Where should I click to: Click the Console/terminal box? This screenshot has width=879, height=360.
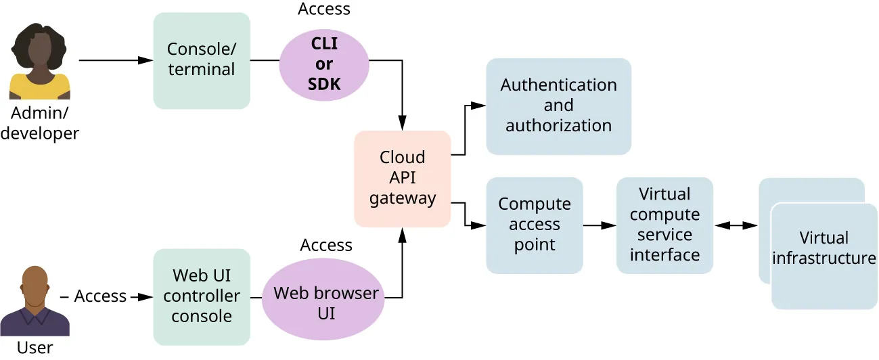201,60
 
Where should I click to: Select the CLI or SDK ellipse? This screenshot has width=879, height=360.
324,64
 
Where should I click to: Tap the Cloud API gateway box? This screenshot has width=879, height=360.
403,178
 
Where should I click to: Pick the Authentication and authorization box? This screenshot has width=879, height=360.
558,106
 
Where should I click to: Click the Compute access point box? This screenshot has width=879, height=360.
534,225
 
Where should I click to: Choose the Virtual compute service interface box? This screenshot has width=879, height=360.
664,225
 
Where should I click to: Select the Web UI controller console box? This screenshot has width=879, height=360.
201,296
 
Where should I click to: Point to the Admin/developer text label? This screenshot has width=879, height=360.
39,124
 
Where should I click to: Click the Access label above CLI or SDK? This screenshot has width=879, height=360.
324,9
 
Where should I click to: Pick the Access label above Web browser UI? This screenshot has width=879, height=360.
326,245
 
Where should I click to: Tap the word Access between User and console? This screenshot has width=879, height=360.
100,296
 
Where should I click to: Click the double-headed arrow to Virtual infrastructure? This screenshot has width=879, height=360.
736,225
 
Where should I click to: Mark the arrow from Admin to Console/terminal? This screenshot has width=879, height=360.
116,60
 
